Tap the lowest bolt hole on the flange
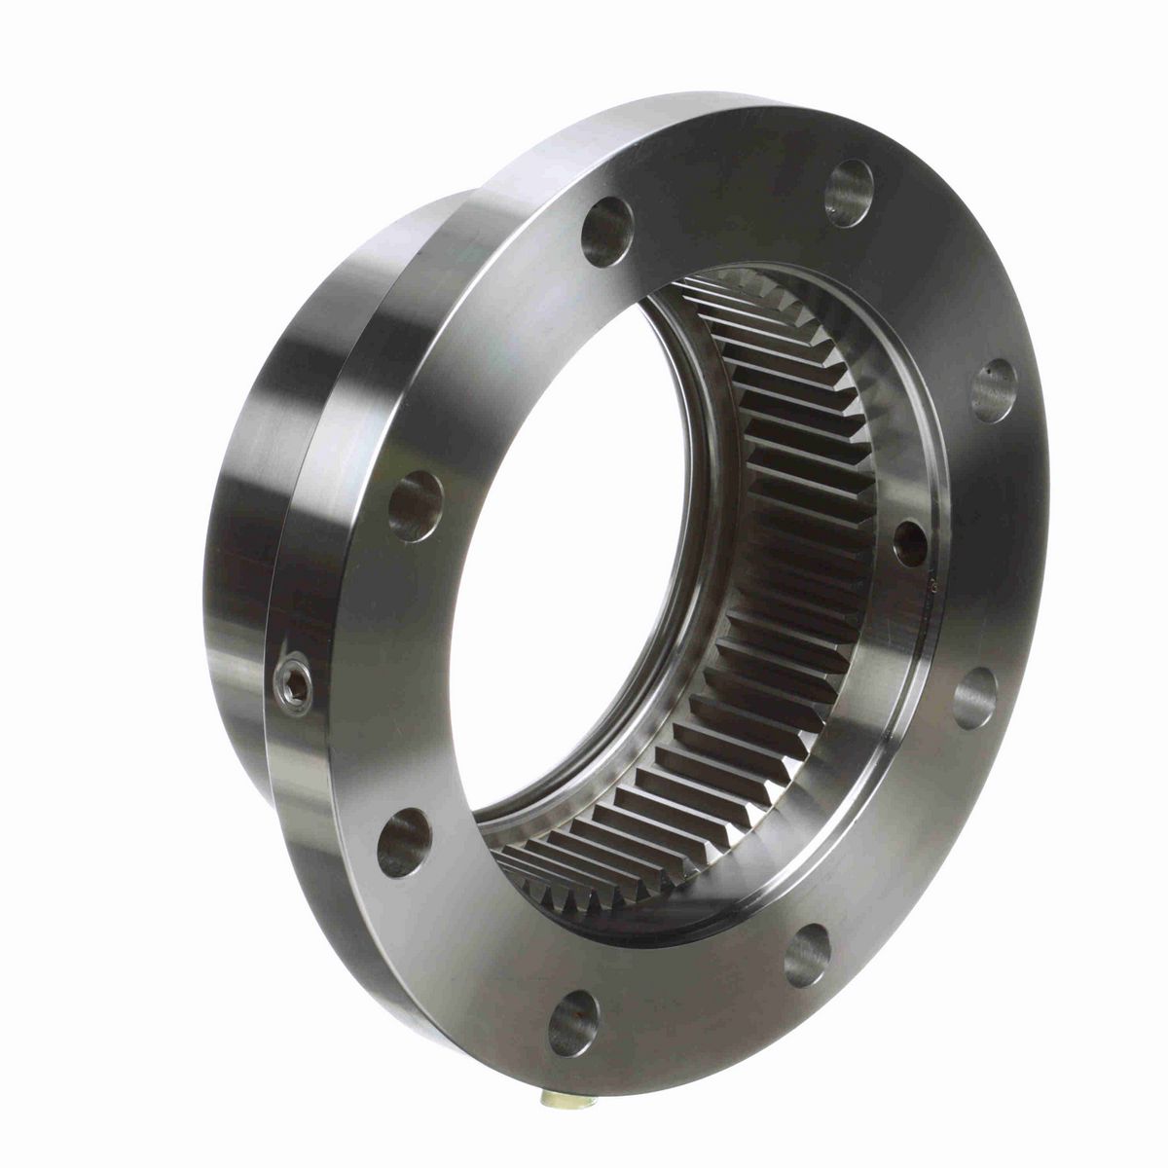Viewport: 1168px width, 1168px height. [572, 1022]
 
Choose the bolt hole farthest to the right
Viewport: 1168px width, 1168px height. [994, 389]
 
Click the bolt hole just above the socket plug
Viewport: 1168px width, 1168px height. [416, 505]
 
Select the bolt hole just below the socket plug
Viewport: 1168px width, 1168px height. [404, 841]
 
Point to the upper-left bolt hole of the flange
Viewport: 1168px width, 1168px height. [606, 231]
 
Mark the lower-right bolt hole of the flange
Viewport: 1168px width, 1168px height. [807, 955]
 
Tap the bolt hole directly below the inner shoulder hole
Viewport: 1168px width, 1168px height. [974, 697]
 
